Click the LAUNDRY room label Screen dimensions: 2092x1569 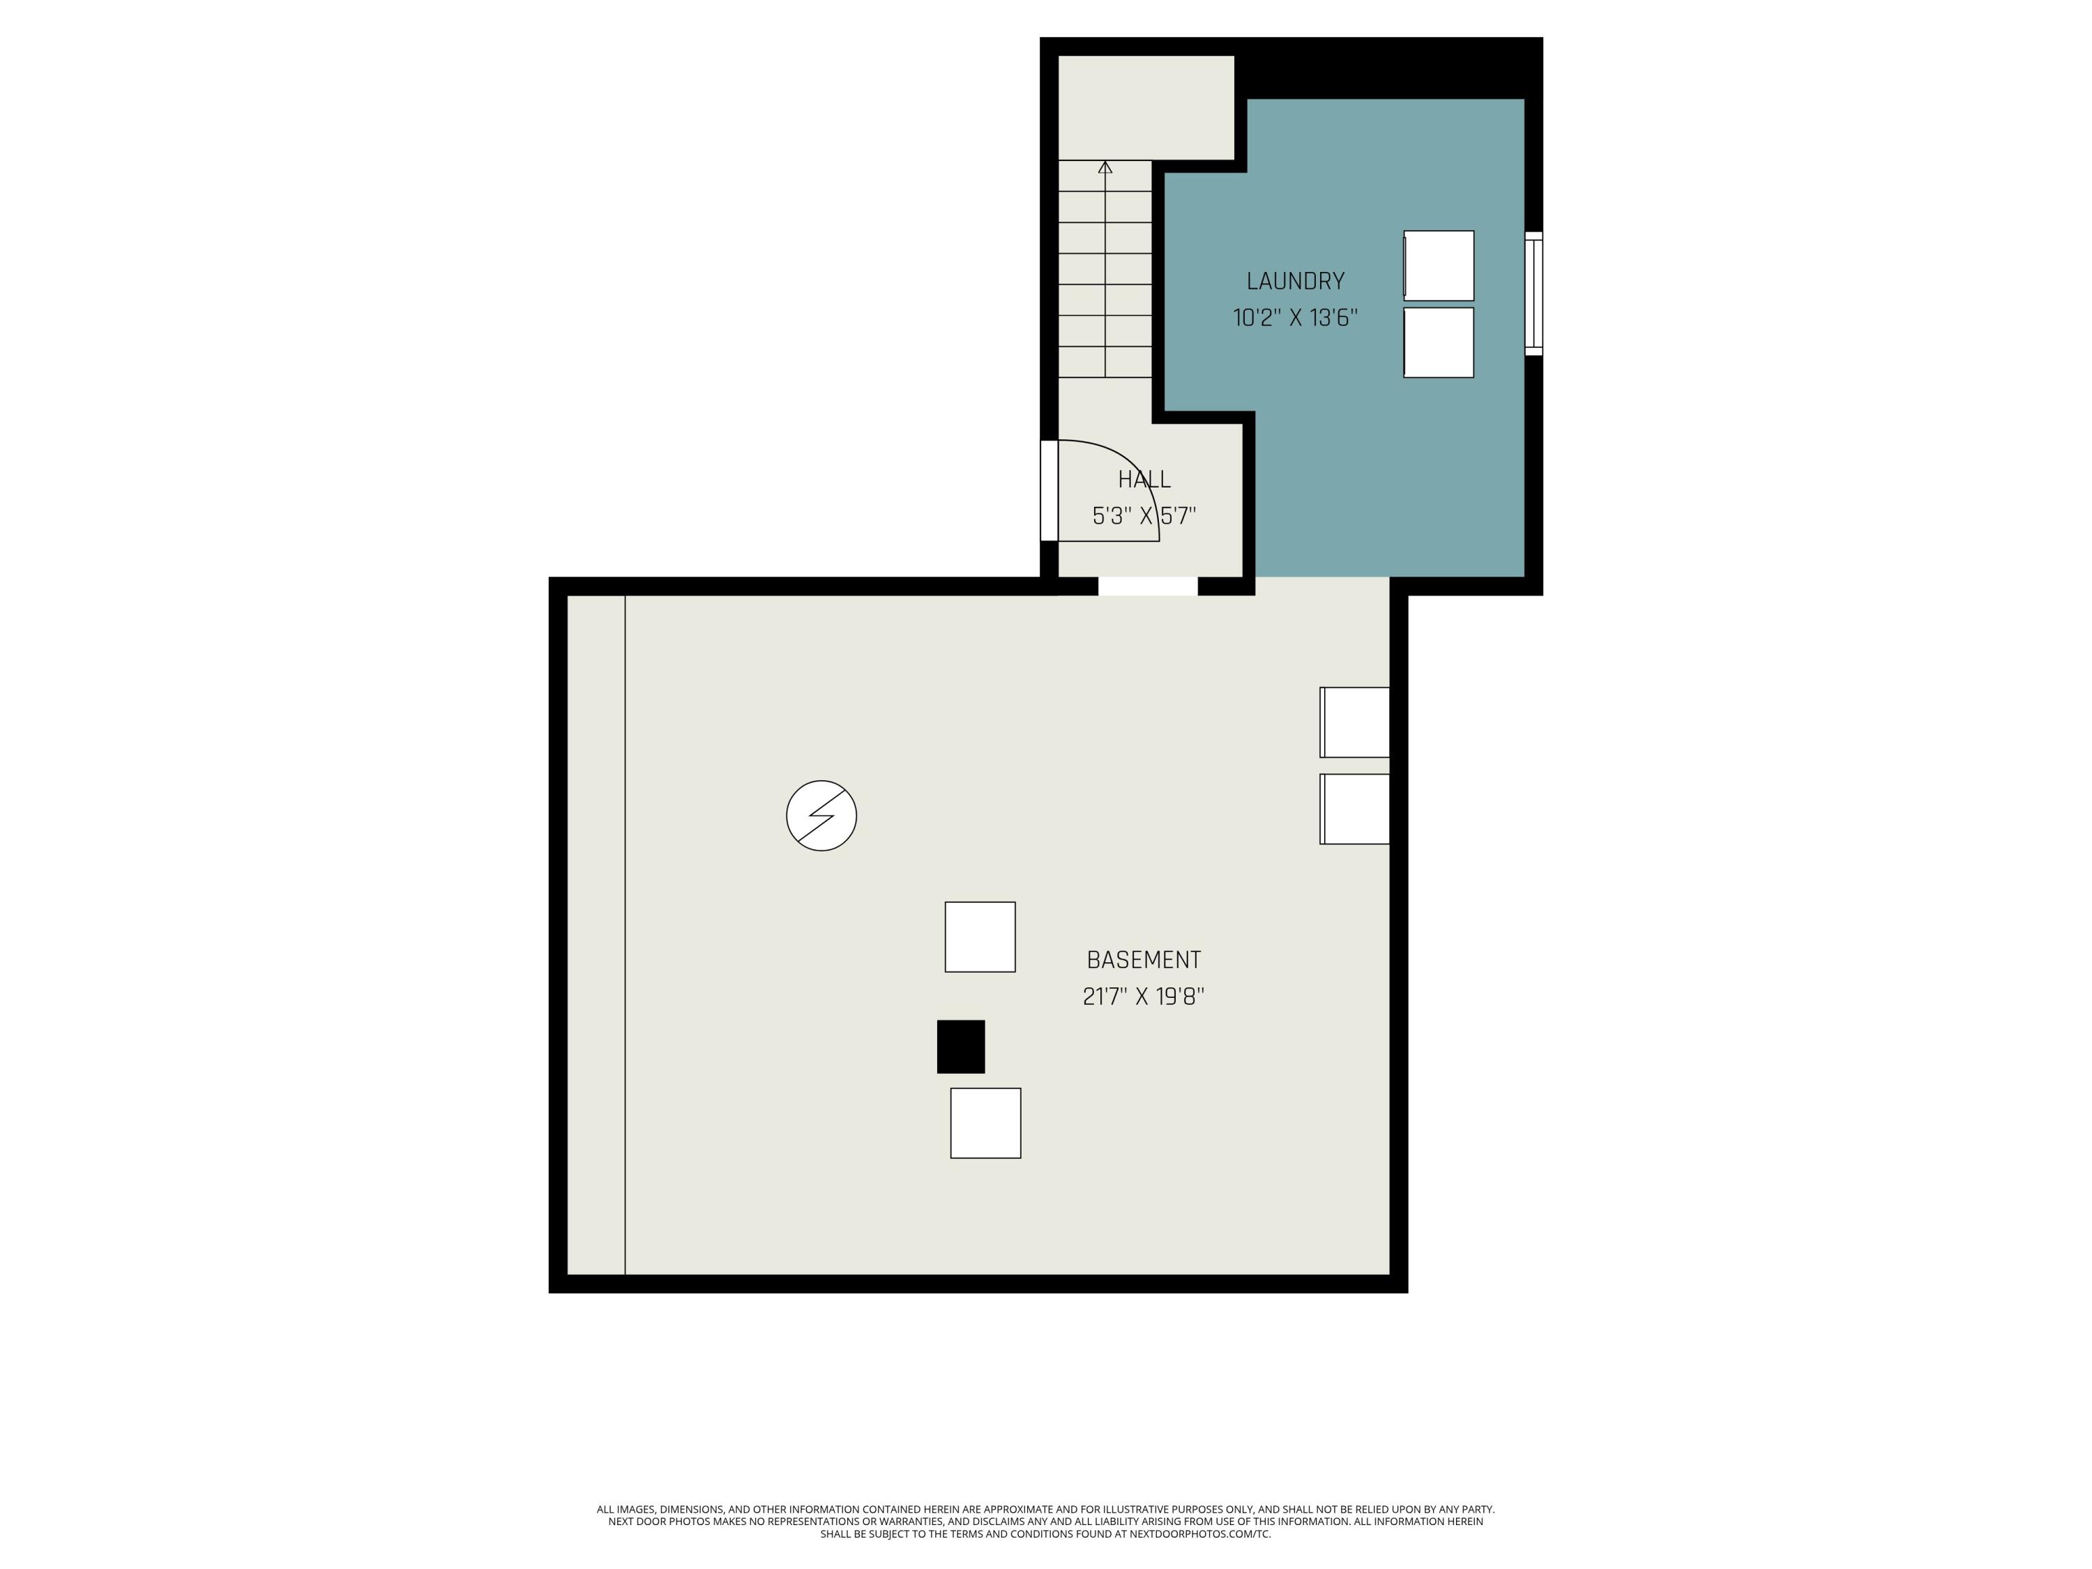(x=1295, y=281)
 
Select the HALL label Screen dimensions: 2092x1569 (x=1144, y=480)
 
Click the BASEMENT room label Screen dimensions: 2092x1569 (x=1144, y=960)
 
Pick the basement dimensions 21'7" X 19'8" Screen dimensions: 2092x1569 (x=1144, y=996)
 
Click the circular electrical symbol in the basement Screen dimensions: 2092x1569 (x=821, y=815)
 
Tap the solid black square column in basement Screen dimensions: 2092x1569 (x=961, y=1047)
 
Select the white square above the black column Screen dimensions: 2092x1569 (x=980, y=937)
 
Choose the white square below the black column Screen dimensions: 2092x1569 (x=985, y=1123)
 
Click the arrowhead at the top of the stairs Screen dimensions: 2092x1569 (x=1105, y=167)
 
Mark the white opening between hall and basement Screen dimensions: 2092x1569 (x=1148, y=586)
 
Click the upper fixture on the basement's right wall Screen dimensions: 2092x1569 (x=1355, y=722)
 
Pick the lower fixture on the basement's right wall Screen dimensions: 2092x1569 (x=1355, y=810)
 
